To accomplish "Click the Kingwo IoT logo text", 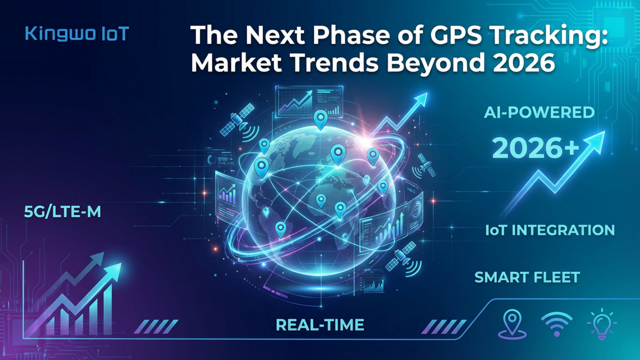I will (77, 35).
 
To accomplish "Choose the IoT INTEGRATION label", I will (550, 230).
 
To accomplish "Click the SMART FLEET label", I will (527, 277).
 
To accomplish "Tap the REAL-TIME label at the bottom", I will (320, 325).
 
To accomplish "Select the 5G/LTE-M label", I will (62, 213).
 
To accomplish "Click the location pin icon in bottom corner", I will (512, 323).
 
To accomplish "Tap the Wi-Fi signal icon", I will (557, 324).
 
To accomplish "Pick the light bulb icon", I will (601, 324).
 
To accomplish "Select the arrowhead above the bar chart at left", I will (112, 270).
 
